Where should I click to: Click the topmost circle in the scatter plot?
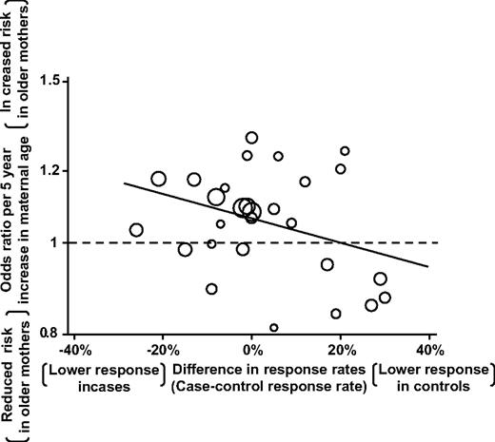tap(251, 138)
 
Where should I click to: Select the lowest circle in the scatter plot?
tap(274, 328)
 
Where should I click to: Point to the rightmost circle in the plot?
tap(385, 298)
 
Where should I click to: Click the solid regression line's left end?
tap(124, 183)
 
